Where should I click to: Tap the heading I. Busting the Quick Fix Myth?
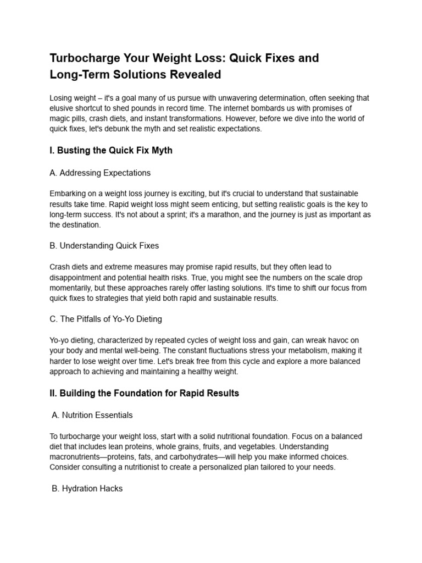111,150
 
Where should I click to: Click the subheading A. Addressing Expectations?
100,173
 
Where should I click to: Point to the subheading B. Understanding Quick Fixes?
104,245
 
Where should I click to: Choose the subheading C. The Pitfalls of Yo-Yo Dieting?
105,318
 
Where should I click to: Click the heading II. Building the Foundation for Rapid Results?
144,394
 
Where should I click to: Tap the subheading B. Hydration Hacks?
87,488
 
